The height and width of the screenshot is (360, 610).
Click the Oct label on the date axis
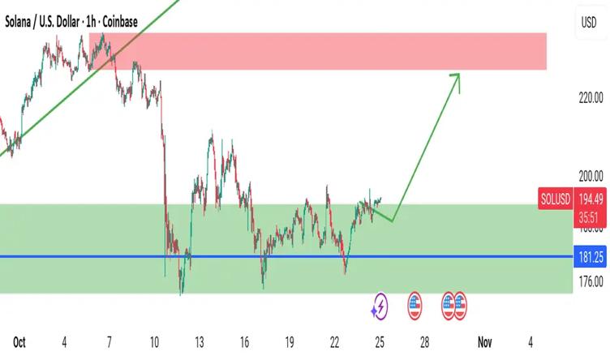19,341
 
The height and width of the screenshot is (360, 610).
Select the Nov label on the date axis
485,341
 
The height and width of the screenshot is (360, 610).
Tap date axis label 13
200,341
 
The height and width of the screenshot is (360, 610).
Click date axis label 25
380,341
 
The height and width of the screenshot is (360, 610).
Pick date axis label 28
425,341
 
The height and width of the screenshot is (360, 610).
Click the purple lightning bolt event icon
380,306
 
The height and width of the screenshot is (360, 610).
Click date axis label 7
110,341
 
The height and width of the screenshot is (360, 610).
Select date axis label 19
290,341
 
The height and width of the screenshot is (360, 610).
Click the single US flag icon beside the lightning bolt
415,306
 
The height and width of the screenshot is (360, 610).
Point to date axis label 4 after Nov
530,341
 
